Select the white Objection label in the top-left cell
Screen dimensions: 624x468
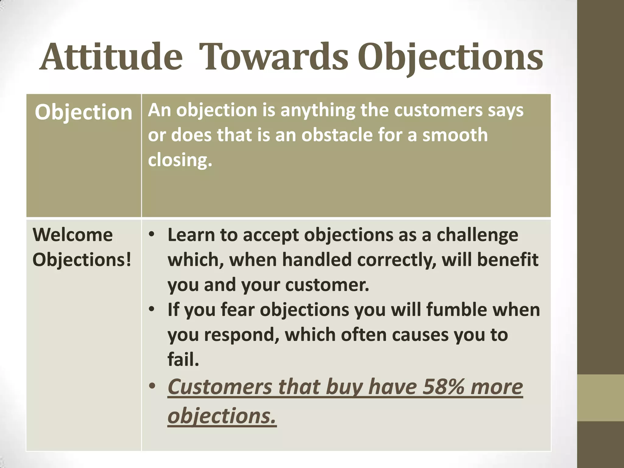(x=83, y=112)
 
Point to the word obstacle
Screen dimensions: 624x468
(x=337, y=135)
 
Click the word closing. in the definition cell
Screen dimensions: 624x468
(x=180, y=160)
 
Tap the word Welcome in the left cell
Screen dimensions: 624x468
(x=73, y=235)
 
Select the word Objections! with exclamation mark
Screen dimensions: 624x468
(x=82, y=260)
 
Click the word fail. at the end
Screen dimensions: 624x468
(x=183, y=360)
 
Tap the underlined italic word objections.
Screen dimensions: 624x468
(x=222, y=416)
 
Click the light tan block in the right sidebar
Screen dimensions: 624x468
(x=601, y=398)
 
